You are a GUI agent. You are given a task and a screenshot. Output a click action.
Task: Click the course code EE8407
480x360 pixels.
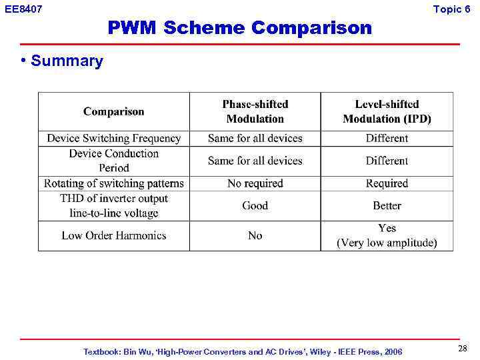pos(23,9)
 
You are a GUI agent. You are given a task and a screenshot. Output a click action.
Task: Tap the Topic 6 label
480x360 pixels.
pos(456,9)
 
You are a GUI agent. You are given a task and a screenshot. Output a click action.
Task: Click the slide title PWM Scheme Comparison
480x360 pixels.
pos(239,28)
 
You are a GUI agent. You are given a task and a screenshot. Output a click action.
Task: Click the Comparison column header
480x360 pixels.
pos(113,111)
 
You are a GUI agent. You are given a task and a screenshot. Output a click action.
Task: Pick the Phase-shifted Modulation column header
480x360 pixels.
pos(255,111)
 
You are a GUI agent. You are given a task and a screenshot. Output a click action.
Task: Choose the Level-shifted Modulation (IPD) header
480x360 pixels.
pos(387,111)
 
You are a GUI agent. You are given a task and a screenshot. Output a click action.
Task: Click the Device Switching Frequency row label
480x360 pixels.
pos(113,139)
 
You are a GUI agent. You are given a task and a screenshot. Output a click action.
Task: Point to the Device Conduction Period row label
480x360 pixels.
pos(113,161)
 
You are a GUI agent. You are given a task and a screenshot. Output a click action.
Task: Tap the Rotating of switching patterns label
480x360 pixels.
pos(113,183)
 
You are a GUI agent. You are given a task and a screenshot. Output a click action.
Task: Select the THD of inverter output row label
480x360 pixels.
pos(113,206)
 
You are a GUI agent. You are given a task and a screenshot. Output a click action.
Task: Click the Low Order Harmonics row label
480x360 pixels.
pos(113,235)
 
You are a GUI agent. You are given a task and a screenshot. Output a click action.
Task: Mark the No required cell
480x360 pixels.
pos(255,183)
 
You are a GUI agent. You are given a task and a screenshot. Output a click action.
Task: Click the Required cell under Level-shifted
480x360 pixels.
pos(387,183)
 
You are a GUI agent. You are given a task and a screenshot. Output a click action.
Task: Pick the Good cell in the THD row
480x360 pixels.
pos(255,206)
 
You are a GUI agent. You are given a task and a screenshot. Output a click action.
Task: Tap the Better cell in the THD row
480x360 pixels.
pos(387,206)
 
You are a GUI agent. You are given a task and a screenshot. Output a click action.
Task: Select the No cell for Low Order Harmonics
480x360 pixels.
pos(255,235)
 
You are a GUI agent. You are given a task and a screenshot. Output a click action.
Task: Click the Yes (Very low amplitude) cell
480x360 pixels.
pos(387,235)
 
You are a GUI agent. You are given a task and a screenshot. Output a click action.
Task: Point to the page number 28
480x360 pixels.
pos(463,349)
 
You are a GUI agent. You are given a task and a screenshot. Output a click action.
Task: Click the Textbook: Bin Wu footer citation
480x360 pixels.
pos(243,351)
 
